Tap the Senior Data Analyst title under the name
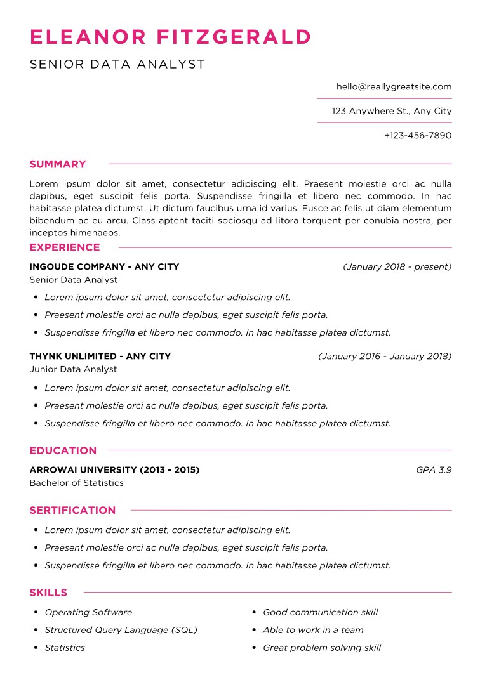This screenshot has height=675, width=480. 117,64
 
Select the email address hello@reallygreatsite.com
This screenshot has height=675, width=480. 394,87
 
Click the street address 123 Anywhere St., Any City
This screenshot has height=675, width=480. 391,111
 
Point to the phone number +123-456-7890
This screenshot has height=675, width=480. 418,135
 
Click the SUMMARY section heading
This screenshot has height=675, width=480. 58,164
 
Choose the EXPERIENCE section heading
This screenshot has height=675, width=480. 65,247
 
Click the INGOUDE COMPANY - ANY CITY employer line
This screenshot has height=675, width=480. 104,267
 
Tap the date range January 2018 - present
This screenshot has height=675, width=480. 397,267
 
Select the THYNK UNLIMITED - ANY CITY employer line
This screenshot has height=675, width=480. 100,357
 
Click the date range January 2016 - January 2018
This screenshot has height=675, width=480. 384,357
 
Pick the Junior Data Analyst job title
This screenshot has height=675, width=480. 73,369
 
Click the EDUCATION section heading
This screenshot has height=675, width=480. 63,450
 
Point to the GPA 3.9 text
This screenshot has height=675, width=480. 434,470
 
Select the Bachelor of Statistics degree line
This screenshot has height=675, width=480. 76,483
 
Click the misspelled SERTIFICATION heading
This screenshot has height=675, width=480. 72,510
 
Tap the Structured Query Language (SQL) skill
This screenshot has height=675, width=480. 121,630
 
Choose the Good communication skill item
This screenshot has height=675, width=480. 320,612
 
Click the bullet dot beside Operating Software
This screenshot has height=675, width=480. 36,612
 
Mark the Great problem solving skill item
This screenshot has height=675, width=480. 322,648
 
